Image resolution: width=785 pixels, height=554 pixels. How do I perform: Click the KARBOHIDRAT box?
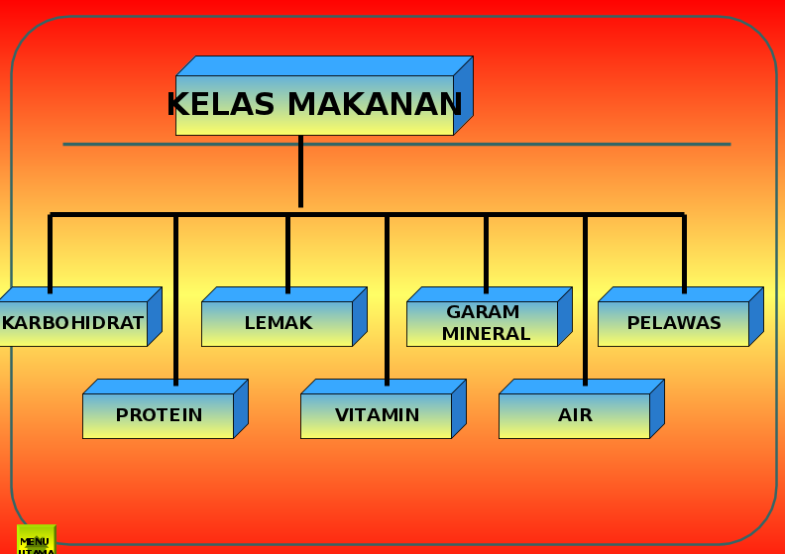click(72, 323)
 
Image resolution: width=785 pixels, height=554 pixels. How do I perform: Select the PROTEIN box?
click(159, 415)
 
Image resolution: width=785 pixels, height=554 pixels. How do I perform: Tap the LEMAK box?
click(278, 323)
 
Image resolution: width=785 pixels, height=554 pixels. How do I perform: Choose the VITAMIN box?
click(377, 415)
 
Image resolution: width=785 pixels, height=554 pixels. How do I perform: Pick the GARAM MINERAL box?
click(483, 323)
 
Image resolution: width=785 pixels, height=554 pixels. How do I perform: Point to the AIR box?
click(575, 415)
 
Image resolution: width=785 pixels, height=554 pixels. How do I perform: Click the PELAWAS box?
click(674, 323)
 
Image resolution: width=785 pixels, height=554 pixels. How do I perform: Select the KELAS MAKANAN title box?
click(314, 104)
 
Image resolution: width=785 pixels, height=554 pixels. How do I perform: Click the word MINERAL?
click(486, 334)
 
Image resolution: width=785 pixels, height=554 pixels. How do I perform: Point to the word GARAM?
click(483, 312)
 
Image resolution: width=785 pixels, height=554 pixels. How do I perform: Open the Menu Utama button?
click(36, 541)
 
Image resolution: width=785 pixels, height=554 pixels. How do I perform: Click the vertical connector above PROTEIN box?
click(175, 297)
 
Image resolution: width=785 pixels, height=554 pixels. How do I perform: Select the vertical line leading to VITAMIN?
click(387, 297)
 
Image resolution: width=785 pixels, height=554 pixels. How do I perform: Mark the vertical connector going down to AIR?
click(585, 297)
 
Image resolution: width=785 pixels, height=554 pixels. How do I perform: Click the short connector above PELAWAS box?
click(684, 253)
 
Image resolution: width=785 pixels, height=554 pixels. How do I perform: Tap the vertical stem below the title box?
click(300, 173)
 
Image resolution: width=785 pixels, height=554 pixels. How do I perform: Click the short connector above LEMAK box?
click(287, 253)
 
